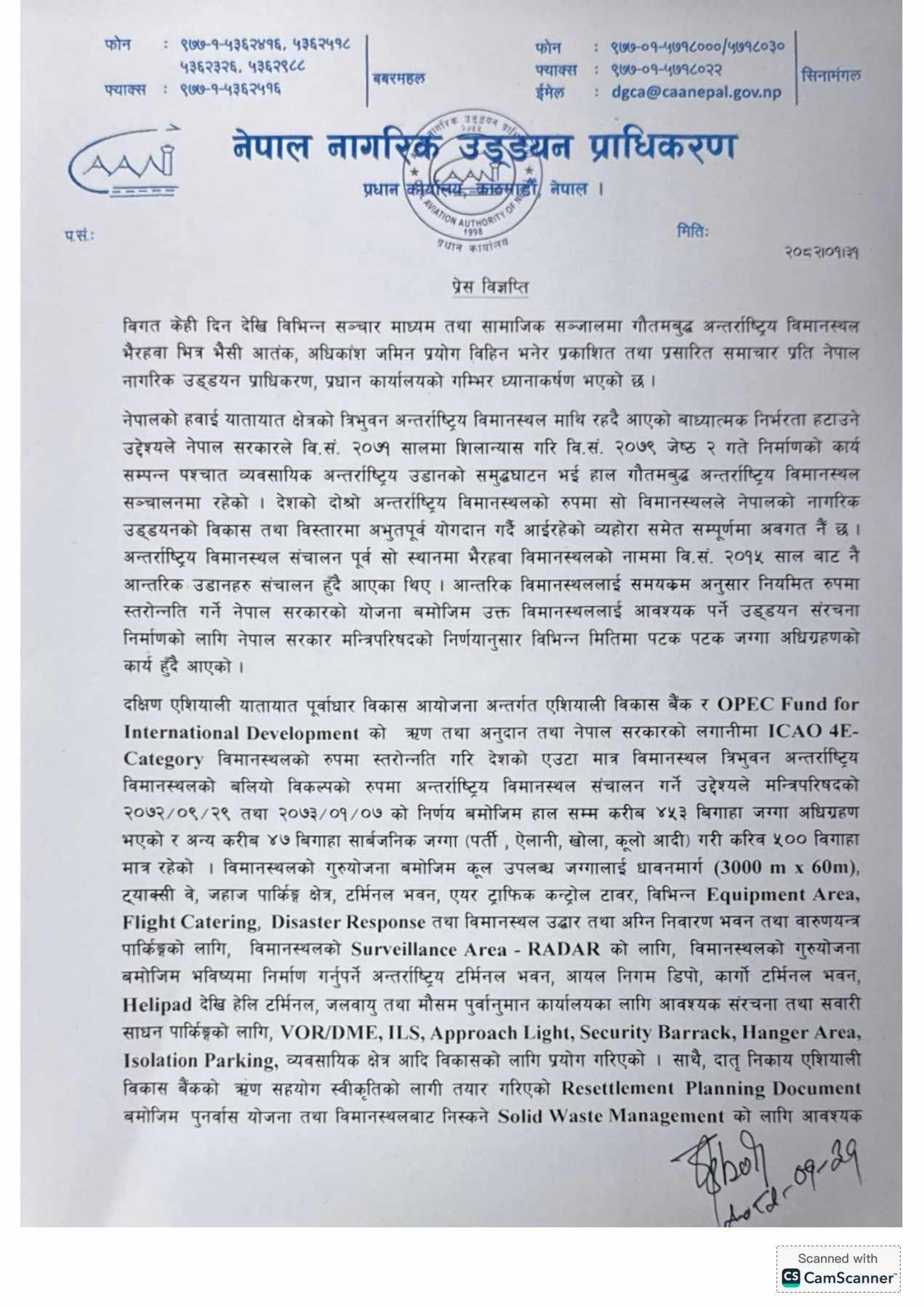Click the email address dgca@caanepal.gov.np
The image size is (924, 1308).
click(696, 92)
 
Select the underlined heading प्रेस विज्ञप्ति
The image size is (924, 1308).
click(489, 287)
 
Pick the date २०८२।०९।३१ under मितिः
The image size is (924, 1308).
click(822, 252)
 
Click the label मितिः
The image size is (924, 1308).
click(692, 232)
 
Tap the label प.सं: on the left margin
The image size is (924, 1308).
click(77, 236)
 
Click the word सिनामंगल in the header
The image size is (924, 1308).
click(830, 75)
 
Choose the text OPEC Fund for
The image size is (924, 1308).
click(788, 704)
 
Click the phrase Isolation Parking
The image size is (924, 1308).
click(201, 1060)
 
